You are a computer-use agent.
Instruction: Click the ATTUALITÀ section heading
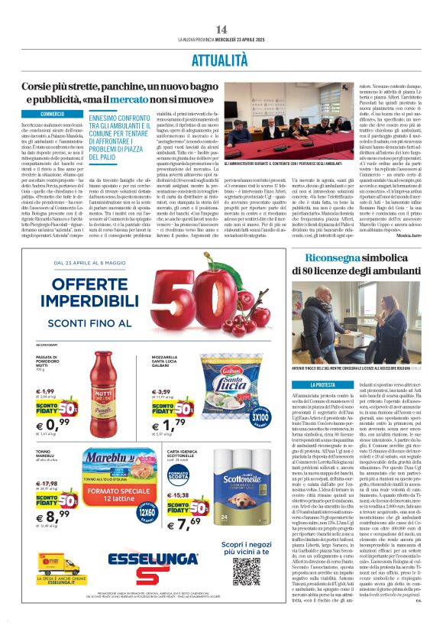pyautogui.click(x=221, y=58)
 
